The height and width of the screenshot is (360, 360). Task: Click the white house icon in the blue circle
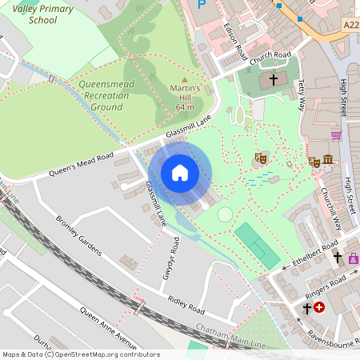180,173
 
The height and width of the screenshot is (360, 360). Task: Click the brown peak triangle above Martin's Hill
186,79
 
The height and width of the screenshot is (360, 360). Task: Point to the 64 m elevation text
186,106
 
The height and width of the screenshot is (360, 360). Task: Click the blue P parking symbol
202,4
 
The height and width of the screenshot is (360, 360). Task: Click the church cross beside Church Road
273,80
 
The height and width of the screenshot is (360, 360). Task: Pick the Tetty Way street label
302,94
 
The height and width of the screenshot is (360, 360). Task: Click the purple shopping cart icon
336,135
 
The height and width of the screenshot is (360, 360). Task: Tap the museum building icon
328,162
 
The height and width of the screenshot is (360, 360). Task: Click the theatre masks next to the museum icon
314,162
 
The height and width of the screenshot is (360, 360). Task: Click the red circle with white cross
320,307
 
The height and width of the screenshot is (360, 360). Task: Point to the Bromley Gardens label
78,234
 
